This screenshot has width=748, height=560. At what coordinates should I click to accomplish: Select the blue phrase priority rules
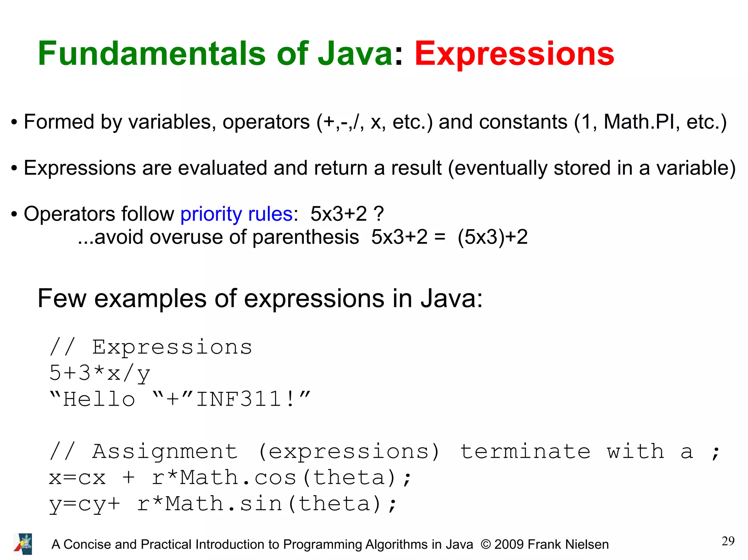[x=236, y=214]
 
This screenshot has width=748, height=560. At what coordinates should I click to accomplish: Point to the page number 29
[x=728, y=541]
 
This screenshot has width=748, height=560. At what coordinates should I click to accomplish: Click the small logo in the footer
[x=23, y=544]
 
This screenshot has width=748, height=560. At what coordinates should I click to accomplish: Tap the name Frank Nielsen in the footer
[x=568, y=544]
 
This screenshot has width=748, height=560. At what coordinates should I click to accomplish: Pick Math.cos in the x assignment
[x=238, y=478]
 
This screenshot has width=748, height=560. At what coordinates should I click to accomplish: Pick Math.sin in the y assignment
[x=224, y=504]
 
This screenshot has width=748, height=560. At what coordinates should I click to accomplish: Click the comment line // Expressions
[x=150, y=347]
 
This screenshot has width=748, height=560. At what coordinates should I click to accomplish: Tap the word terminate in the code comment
[x=525, y=452]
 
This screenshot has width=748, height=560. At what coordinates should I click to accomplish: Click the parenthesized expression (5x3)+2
[x=492, y=237]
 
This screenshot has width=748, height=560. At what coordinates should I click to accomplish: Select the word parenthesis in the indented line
[x=305, y=237]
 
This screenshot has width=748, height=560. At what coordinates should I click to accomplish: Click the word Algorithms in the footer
[x=396, y=544]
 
